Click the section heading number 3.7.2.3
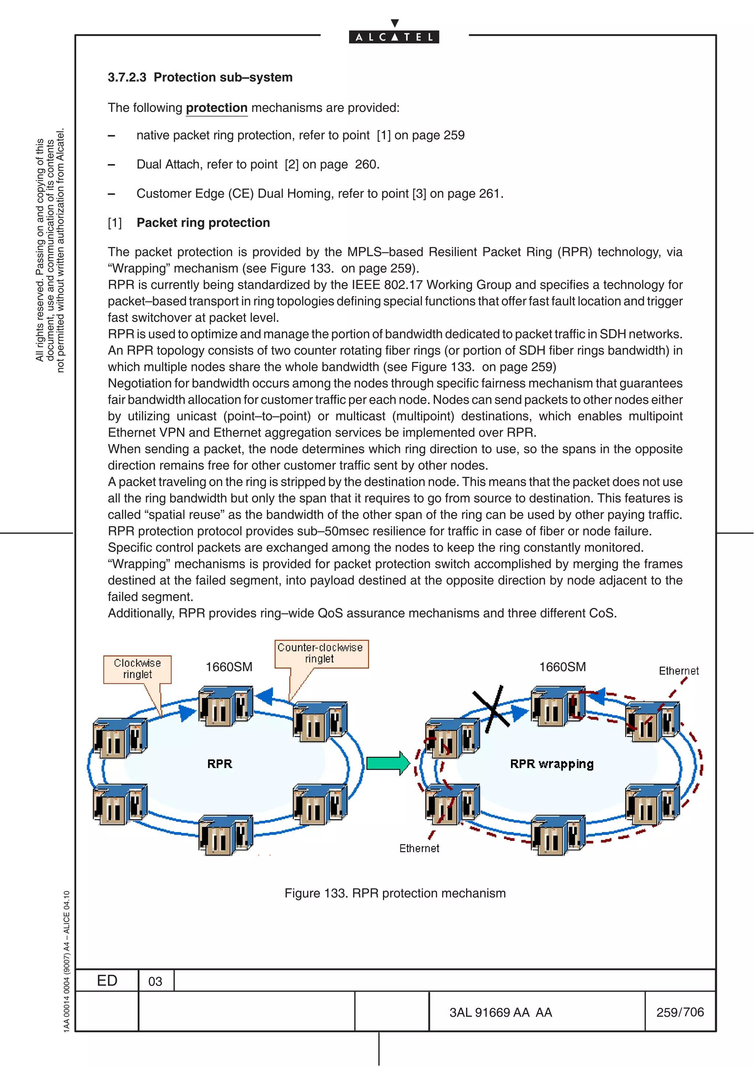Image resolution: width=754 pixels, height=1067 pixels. click(x=127, y=77)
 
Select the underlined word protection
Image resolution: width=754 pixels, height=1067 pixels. click(x=216, y=108)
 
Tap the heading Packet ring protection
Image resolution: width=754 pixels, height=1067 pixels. click(x=203, y=223)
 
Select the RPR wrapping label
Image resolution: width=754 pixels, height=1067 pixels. click(x=552, y=764)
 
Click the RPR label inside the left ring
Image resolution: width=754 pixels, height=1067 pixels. click(x=219, y=764)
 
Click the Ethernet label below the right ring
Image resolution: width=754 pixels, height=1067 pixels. click(x=419, y=848)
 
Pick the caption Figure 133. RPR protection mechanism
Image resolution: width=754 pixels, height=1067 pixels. click(x=395, y=893)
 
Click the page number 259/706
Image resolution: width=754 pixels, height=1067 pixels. click(x=680, y=1012)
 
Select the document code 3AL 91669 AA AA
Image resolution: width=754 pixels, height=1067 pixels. click(x=500, y=1012)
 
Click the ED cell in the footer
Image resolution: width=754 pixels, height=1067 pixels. click(x=107, y=980)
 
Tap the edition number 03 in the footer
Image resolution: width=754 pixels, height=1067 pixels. click(x=155, y=982)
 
